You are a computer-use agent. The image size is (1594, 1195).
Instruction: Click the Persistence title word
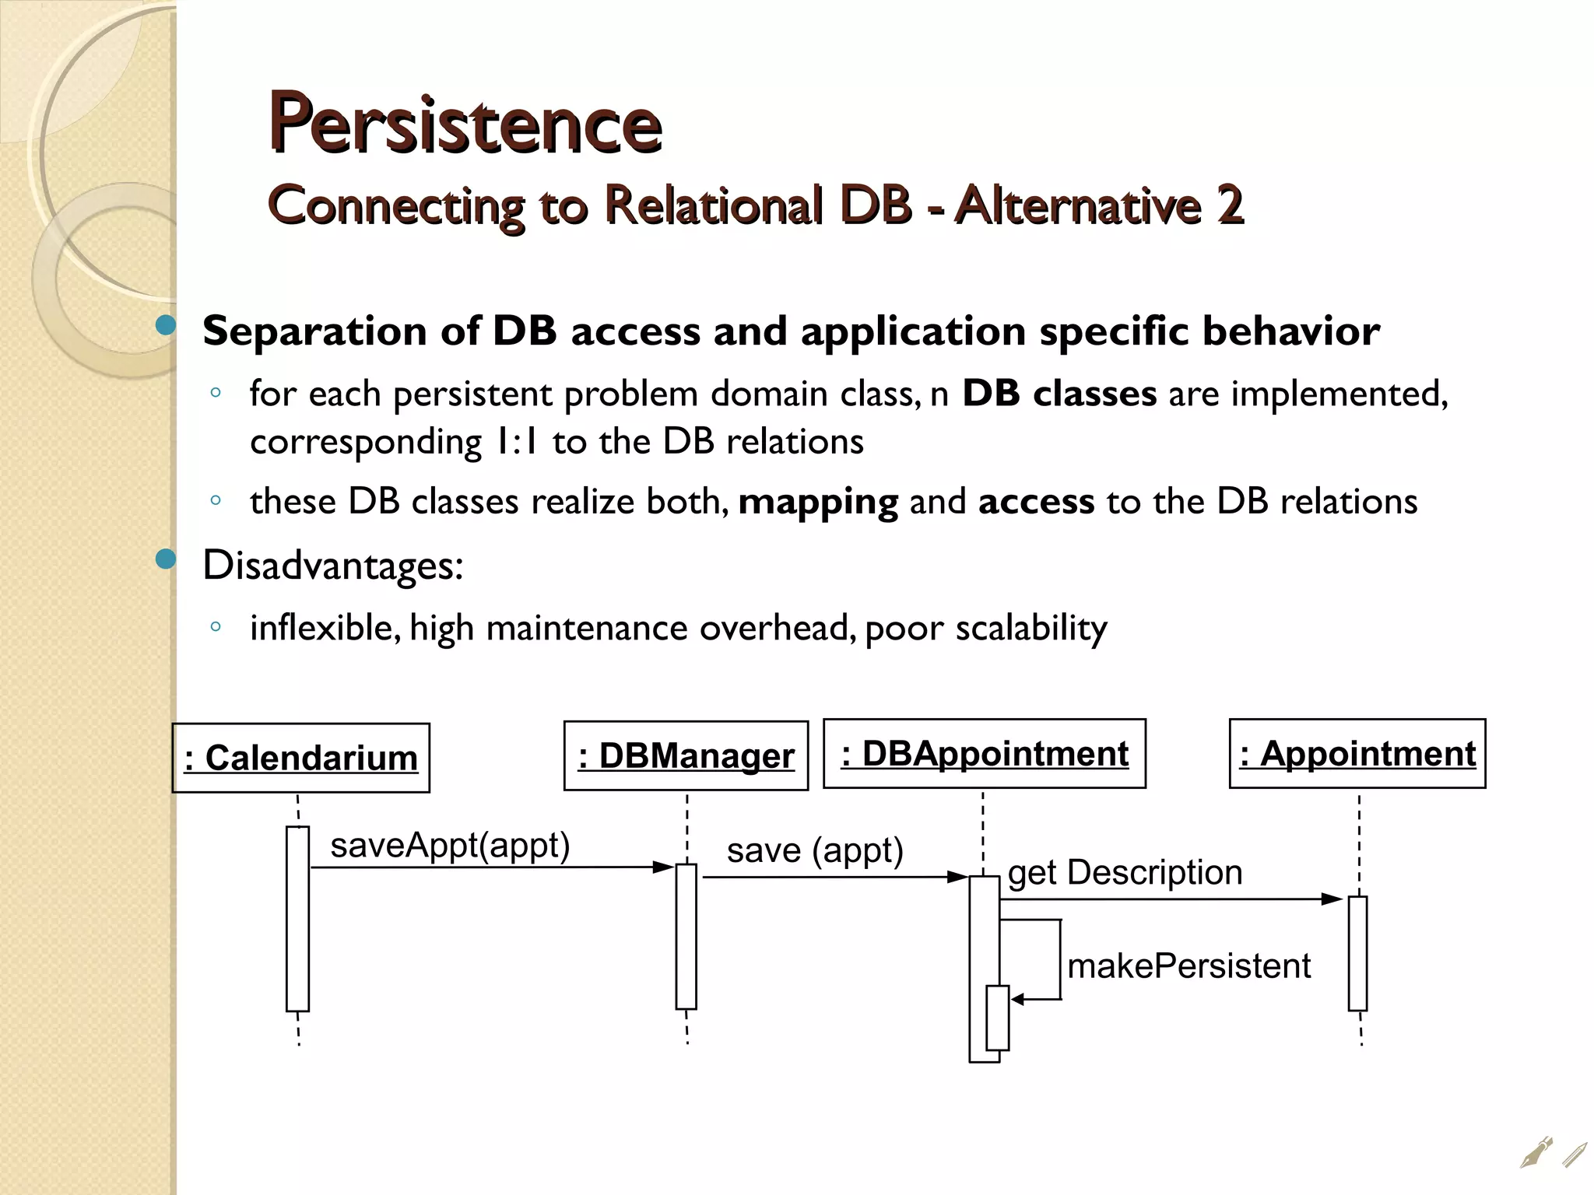click(x=465, y=124)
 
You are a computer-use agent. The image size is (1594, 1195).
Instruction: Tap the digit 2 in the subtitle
click(x=1229, y=205)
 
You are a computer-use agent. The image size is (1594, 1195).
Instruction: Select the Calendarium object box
click(x=300, y=758)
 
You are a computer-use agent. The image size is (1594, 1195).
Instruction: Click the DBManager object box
click(x=686, y=755)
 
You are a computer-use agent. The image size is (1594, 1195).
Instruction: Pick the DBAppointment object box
click(x=984, y=753)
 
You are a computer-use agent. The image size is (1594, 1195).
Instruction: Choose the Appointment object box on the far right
click(x=1357, y=753)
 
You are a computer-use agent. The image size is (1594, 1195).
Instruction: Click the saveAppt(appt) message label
click(x=450, y=845)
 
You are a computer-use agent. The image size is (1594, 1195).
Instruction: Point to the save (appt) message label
click(x=814, y=850)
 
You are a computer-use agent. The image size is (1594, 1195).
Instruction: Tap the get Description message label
click(x=1125, y=872)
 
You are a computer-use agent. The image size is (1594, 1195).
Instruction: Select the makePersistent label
click(x=1188, y=965)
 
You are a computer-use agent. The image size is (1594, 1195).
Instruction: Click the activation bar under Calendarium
click(x=297, y=919)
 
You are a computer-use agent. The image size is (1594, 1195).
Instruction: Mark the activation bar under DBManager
click(x=686, y=936)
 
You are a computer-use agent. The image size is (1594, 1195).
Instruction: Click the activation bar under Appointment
click(x=1357, y=953)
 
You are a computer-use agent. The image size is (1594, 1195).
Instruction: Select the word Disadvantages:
click(x=332, y=565)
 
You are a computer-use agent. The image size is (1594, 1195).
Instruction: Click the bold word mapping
click(x=818, y=502)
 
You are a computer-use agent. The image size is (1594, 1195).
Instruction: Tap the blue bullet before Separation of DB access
click(x=166, y=324)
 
